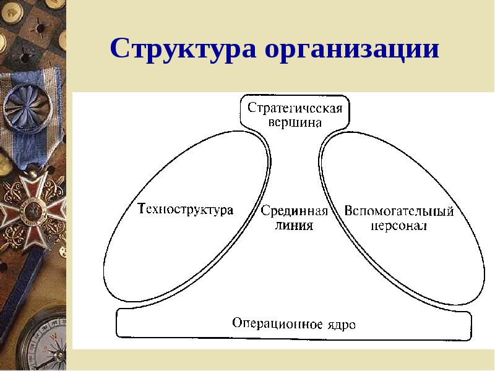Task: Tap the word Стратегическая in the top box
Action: tap(295, 108)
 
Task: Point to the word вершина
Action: tap(295, 122)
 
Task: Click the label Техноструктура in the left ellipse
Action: tap(186, 210)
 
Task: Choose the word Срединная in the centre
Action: tap(295, 211)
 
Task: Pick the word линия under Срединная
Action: tap(294, 225)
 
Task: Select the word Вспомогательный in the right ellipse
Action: tap(398, 211)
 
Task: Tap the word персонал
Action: tap(398, 226)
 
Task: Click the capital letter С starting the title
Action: tap(119, 48)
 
